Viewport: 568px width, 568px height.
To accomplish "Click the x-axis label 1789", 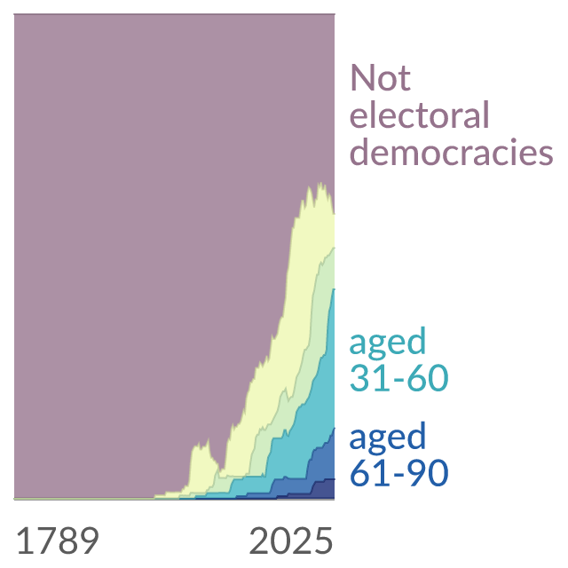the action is click(58, 540).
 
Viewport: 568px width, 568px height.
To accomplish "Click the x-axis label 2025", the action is click(291, 540).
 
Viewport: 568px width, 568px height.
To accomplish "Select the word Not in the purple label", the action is click(381, 77).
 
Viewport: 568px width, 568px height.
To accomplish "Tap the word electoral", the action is click(420, 114).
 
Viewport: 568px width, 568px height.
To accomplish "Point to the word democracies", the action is click(452, 152).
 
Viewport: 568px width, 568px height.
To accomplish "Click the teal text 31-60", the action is click(399, 377).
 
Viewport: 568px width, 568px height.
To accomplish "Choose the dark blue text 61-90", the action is click(399, 472).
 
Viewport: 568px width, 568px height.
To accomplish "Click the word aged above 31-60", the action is click(388, 343).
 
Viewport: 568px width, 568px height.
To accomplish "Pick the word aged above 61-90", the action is click(388, 438).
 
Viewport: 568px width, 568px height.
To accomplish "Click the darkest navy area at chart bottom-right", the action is click(323, 489).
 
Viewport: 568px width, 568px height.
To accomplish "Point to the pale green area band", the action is click(308, 326).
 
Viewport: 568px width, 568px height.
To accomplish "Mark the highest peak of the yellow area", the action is click(319, 184).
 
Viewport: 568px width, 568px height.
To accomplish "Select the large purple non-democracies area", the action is click(145, 217).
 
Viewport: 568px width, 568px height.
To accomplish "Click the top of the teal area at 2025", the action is click(334, 289).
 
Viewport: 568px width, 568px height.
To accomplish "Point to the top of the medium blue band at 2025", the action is click(334, 428).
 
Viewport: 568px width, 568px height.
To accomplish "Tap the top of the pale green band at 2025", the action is click(334, 248).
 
